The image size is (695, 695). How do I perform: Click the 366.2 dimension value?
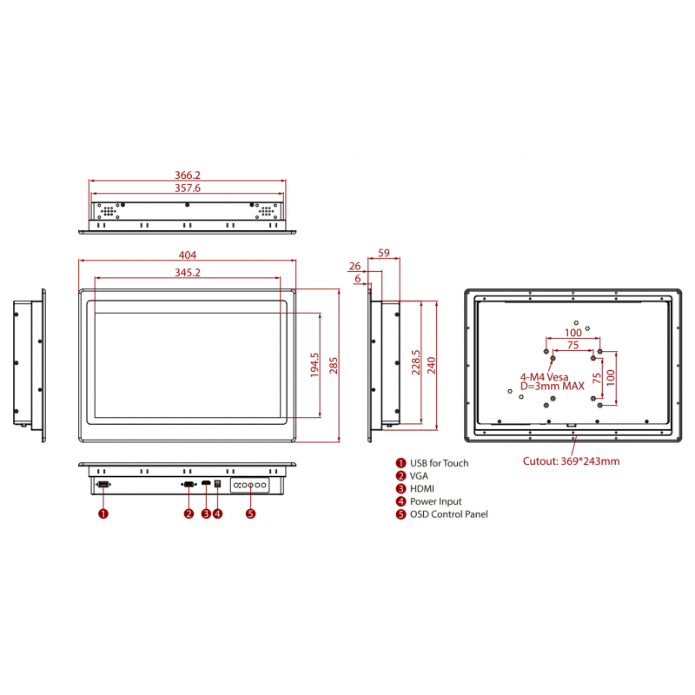188,175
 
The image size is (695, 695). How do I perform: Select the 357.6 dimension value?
188,188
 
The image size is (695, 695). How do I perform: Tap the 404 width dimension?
188,255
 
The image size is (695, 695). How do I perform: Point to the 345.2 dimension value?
188,273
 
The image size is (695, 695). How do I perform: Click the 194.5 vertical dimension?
314,366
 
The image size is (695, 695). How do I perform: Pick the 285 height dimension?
333,366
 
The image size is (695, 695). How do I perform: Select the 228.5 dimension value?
415,365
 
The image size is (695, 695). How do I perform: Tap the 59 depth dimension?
384,253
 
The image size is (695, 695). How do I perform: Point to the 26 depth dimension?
354,266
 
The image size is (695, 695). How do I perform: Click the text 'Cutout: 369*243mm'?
571,461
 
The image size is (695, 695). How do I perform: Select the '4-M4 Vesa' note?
544,377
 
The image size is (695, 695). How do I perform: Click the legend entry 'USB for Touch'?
439,463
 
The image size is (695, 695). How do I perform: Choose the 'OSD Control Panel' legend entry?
448,514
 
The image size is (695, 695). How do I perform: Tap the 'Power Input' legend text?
436,501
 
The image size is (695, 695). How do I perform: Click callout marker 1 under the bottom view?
103,513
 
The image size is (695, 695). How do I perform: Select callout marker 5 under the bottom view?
251,513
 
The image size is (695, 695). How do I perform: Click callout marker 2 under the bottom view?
189,513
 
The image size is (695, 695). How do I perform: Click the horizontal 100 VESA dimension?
573,333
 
